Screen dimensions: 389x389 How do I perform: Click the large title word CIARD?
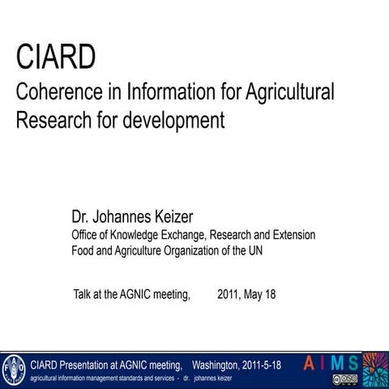[x=56, y=58]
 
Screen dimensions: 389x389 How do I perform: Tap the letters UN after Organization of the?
[x=254, y=250]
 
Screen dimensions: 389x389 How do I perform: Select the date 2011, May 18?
[x=246, y=293]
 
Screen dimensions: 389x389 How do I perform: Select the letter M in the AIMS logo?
[x=337, y=363]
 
